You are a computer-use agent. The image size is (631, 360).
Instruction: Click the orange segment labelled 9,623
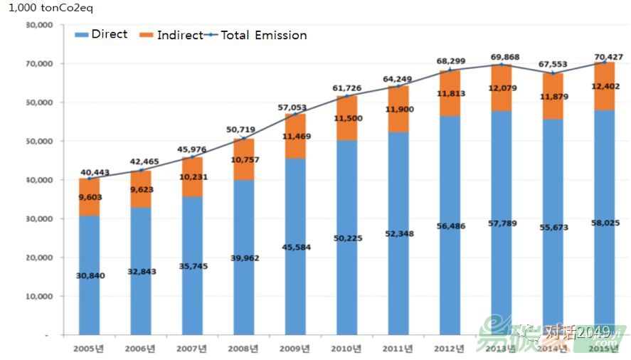tap(141, 189)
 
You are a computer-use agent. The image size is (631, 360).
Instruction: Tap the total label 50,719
tap(243, 131)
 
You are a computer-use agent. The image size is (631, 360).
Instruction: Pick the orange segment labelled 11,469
tap(296, 136)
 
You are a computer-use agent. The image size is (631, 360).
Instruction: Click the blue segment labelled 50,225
tap(347, 238)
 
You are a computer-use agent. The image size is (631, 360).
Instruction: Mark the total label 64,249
tap(398, 79)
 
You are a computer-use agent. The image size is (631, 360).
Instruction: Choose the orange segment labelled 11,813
tap(450, 93)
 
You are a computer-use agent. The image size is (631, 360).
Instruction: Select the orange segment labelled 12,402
tap(605, 86)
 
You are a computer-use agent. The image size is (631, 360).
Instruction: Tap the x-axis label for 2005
tap(89, 348)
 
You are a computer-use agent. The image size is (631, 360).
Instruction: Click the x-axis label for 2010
tap(347, 348)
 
